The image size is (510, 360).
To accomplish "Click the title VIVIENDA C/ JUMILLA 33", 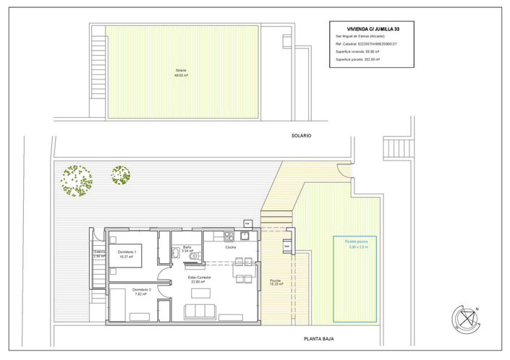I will click(x=373, y=28).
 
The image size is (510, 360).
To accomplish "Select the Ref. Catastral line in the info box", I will click(x=367, y=44).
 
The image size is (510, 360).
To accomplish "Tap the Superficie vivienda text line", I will click(x=362, y=52).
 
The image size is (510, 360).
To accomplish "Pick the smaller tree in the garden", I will click(x=120, y=174).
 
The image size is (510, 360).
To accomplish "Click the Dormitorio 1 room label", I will click(x=127, y=253).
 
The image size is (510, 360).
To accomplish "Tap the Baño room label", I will click(x=187, y=249).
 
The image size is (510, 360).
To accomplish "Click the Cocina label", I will click(x=230, y=247).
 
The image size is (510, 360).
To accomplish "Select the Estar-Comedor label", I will click(x=199, y=279).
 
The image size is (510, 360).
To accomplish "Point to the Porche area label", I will click(x=276, y=283).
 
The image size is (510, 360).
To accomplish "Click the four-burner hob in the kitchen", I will click(x=229, y=236).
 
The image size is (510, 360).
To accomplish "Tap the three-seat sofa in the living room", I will click(x=200, y=312).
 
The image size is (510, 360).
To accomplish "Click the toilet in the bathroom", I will click(x=176, y=252).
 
